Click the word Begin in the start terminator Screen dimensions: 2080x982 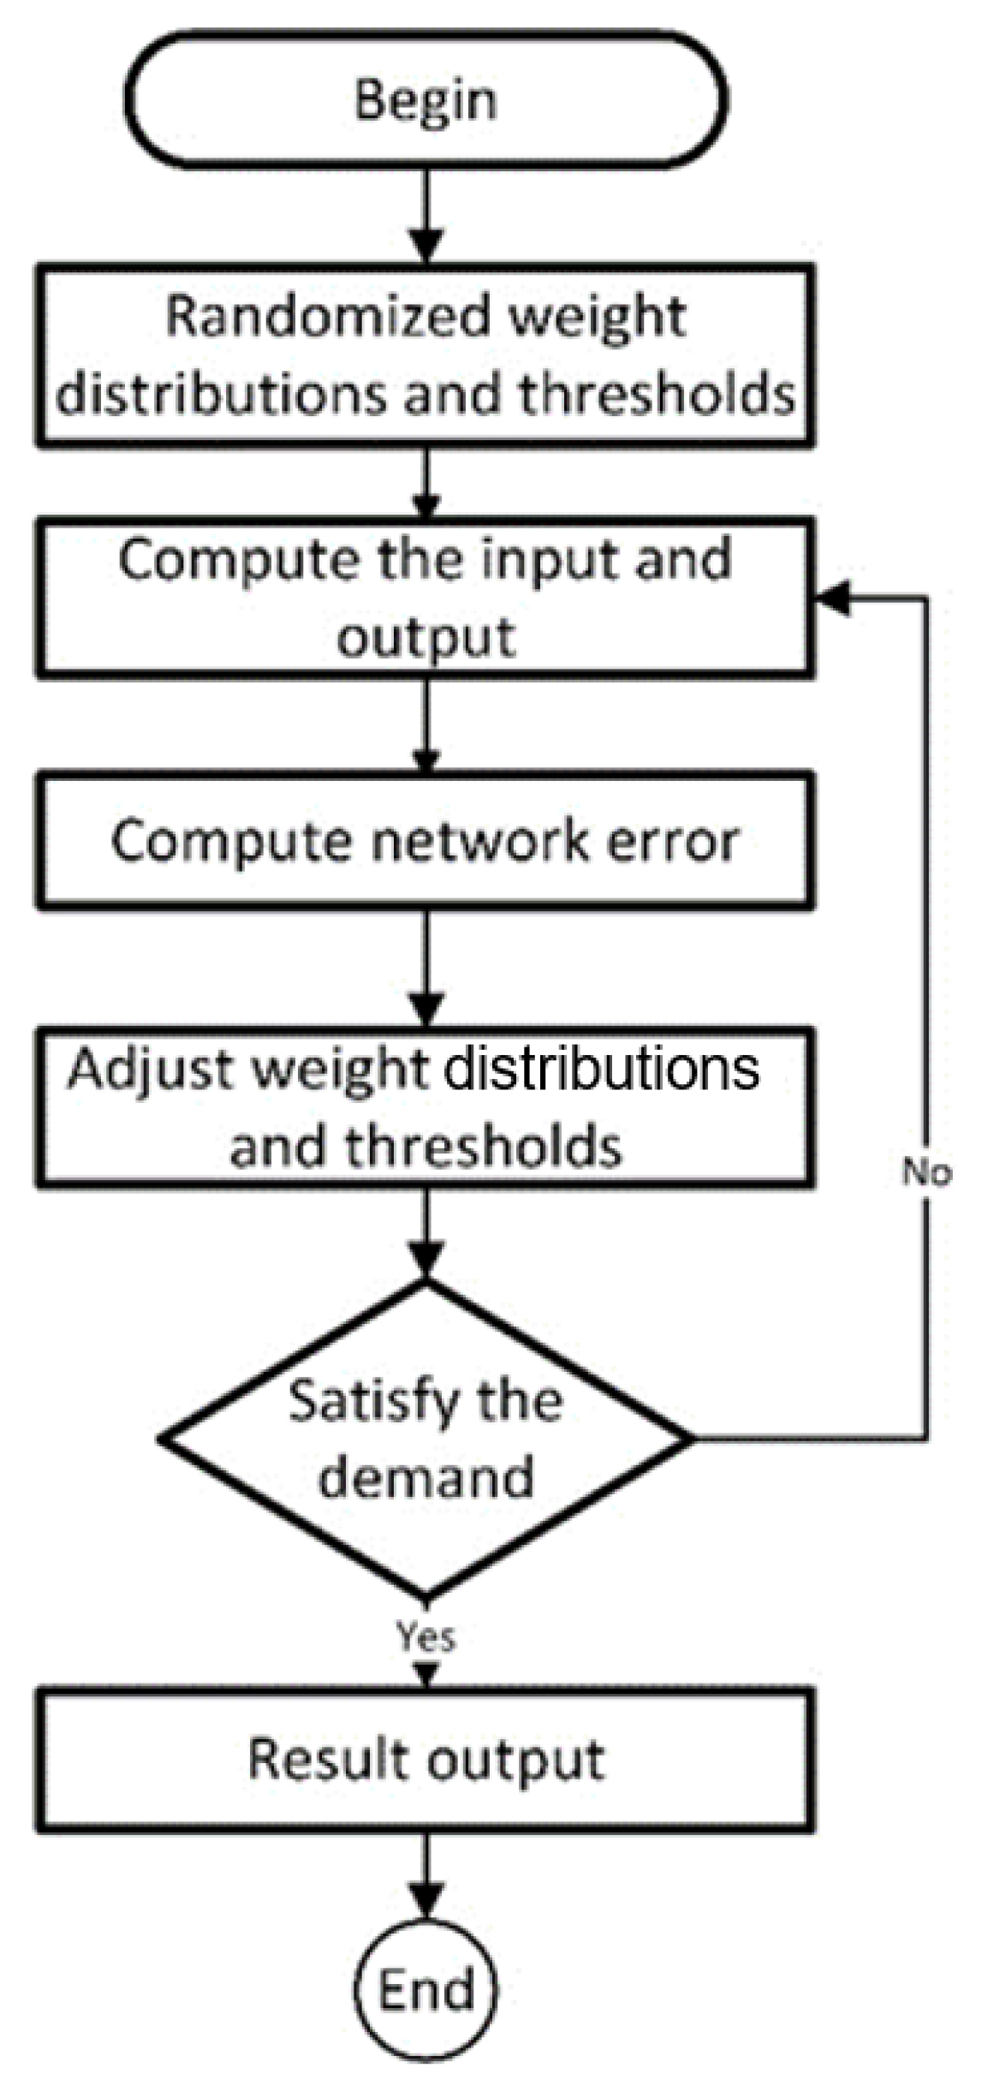click(426, 101)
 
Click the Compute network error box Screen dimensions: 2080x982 click(426, 840)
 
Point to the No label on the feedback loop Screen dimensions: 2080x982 click(926, 1172)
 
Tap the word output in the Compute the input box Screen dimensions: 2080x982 click(426, 639)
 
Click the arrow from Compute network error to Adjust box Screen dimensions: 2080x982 click(426, 968)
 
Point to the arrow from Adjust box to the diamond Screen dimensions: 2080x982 click(426, 1233)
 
